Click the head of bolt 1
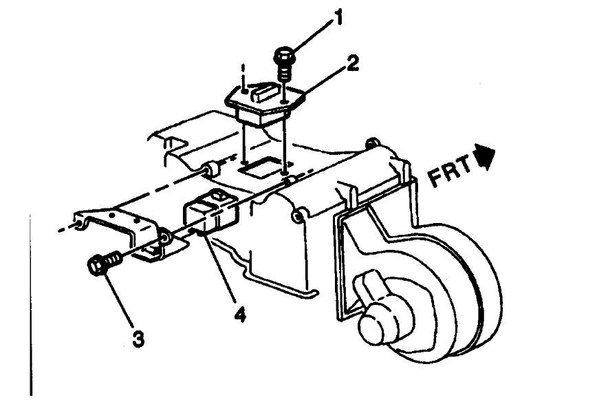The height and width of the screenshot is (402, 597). point(283,54)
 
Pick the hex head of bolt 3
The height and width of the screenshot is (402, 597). point(98,265)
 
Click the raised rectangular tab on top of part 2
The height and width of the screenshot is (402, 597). point(264,88)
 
